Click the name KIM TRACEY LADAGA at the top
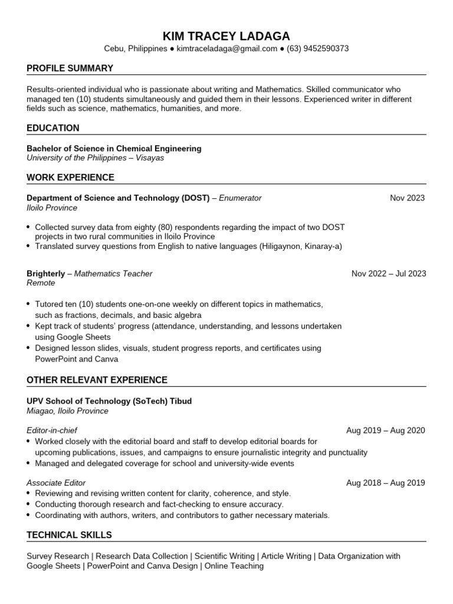[226, 35]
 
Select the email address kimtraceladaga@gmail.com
[227, 49]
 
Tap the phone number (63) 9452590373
[317, 49]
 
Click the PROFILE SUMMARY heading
[70, 68]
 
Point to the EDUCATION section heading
[53, 128]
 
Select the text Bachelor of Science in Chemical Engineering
[114, 149]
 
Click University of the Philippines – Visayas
[96, 158]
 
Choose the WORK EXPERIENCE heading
[70, 178]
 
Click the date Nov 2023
[407, 198]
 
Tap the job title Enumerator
[240, 198]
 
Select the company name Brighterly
[46, 274]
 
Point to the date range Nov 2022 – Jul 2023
[388, 274]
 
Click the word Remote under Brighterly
[41, 283]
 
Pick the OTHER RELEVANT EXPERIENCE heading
[97, 380]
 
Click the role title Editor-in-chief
[52, 431]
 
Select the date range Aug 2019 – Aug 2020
[385, 431]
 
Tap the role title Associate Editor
[56, 483]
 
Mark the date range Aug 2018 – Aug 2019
[385, 483]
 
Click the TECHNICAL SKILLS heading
[69, 536]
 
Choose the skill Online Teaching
[234, 566]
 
